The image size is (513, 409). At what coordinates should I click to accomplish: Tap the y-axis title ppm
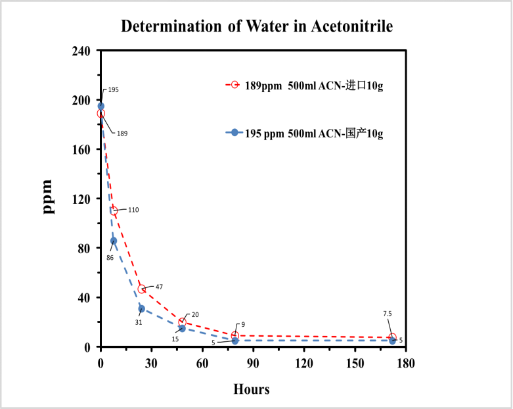pyautogui.click(x=48, y=196)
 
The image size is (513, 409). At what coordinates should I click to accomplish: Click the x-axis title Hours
pyautogui.click(x=252, y=389)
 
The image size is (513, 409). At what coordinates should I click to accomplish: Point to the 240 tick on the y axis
pyautogui.click(x=82, y=51)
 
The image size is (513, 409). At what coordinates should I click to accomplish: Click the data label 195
pyautogui.click(x=114, y=89)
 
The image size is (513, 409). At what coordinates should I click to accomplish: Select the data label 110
pyautogui.click(x=133, y=210)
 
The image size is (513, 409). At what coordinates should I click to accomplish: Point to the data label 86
pyautogui.click(x=110, y=258)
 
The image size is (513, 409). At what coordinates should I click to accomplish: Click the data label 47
pyautogui.click(x=159, y=287)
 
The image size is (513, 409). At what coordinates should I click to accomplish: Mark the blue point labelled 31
pyautogui.click(x=142, y=308)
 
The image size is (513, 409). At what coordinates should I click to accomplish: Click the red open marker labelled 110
pyautogui.click(x=114, y=211)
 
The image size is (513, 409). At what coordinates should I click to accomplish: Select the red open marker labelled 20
pyautogui.click(x=182, y=322)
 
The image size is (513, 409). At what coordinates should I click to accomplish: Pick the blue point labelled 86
pyautogui.click(x=114, y=241)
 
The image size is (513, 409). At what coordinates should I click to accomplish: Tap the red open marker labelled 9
pyautogui.click(x=234, y=335)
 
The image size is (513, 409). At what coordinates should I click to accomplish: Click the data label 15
pyautogui.click(x=175, y=339)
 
